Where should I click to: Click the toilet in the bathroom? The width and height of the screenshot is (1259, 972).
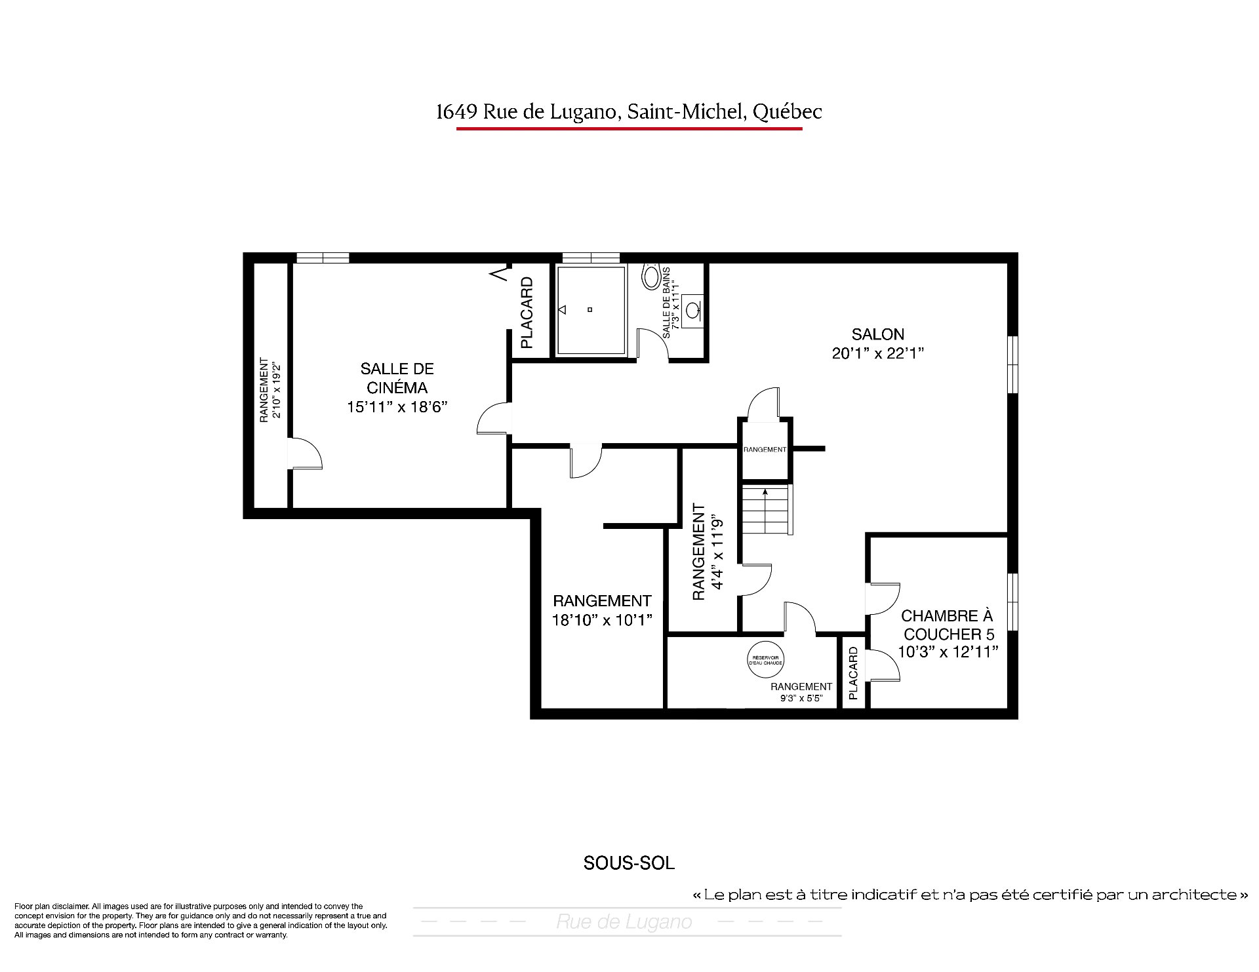pos(651,276)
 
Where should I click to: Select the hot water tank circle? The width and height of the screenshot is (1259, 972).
pos(766,660)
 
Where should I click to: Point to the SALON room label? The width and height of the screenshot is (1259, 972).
pos(877,334)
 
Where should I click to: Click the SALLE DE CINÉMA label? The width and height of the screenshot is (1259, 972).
pos(397,378)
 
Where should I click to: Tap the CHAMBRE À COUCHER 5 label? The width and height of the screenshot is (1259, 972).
pos(948,625)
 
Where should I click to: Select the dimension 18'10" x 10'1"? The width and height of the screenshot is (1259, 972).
pos(602,620)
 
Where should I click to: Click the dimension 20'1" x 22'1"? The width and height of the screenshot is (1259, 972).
pos(877,354)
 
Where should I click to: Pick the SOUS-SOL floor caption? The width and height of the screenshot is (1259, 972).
pos(629,863)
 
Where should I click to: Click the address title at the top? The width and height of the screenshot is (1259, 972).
pos(629,112)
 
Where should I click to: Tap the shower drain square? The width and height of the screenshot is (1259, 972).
pos(590,309)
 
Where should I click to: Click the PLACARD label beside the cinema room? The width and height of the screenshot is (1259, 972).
pos(527,313)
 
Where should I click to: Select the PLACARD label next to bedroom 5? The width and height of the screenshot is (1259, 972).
pos(853,673)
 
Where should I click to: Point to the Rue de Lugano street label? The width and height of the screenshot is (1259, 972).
pos(624,922)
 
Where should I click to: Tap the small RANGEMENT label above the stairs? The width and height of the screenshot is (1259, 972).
pos(765,450)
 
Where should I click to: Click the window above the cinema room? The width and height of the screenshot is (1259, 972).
pos(322,258)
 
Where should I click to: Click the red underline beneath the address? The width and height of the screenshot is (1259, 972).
pos(629,128)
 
